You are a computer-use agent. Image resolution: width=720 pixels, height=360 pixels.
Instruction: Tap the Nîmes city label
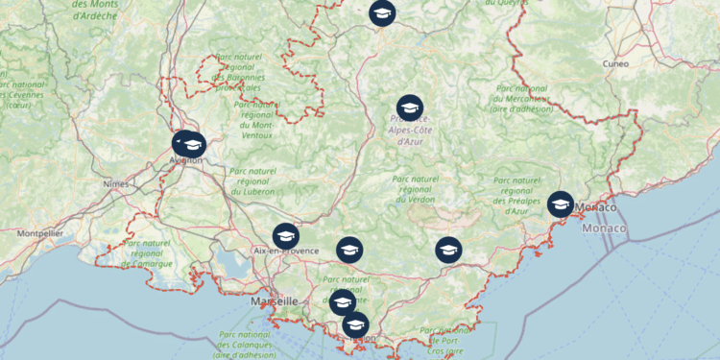115,182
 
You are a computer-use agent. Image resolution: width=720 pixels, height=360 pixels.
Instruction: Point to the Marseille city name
274,300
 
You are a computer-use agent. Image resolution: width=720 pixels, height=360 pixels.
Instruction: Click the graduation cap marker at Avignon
190,144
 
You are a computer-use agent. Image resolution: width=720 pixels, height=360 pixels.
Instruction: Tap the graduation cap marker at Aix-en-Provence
285,235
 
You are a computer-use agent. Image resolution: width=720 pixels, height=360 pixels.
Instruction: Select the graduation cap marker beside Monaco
560,204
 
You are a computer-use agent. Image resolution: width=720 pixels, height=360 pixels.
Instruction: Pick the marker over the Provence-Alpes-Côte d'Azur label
410,108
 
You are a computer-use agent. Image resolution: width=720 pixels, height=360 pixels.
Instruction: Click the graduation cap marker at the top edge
382,12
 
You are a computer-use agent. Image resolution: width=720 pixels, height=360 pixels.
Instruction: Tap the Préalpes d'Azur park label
524,196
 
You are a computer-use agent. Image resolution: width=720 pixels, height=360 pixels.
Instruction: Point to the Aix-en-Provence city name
286,252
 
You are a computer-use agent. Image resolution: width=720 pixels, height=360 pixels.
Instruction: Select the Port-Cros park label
447,341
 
